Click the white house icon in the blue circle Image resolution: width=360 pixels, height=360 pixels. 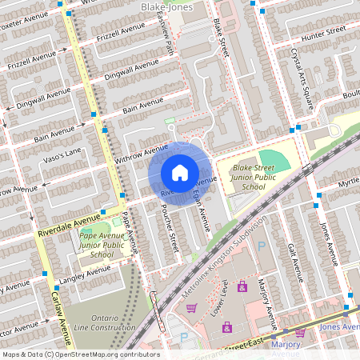coord(180,173)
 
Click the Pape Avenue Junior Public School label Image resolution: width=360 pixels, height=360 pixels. coord(102,243)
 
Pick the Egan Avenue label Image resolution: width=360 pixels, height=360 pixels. coord(200,210)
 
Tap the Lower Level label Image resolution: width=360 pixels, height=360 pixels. coord(220,297)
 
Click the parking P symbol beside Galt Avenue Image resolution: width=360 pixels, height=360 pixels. coord(261,246)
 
